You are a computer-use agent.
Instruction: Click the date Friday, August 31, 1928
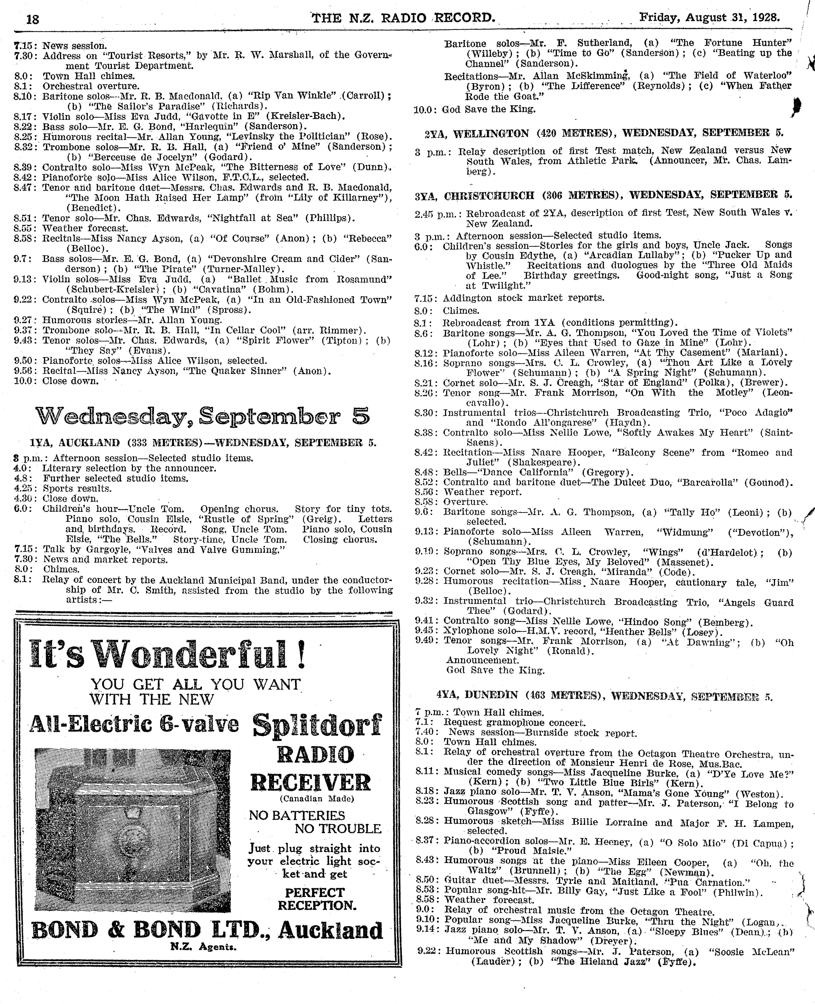709,18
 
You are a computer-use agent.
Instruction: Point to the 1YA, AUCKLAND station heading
203,442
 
